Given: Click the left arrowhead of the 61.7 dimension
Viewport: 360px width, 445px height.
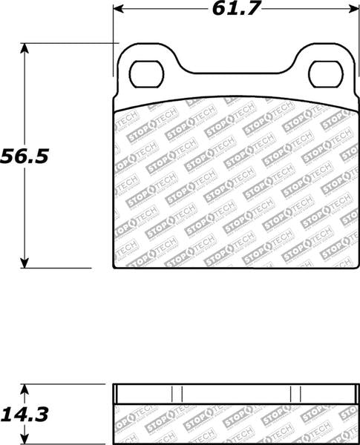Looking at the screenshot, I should coord(117,10).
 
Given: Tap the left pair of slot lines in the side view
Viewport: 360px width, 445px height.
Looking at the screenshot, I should coord(176,393).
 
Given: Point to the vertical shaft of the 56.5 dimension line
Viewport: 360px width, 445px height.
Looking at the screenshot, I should coord(26,208).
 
